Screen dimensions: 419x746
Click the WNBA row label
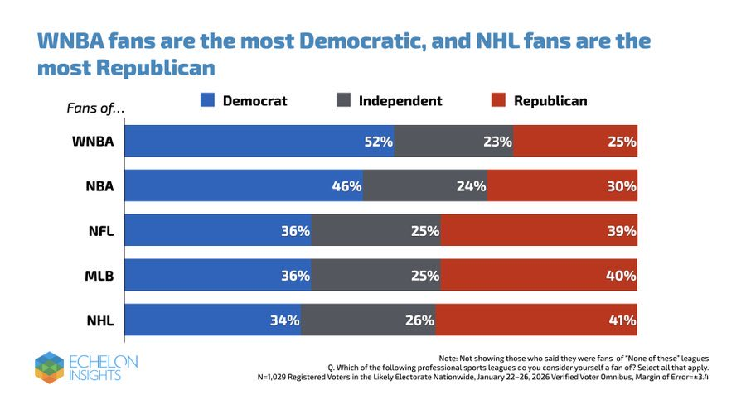coord(92,142)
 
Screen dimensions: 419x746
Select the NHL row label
coord(98,320)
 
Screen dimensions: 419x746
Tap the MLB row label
coord(98,276)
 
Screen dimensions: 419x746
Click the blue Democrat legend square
coord(207,101)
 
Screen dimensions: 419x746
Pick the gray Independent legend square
coord(343,101)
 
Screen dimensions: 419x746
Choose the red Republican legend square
coord(498,101)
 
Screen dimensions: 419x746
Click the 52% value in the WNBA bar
coord(378,142)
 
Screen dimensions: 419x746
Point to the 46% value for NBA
coord(346,186)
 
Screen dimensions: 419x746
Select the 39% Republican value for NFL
coord(621,231)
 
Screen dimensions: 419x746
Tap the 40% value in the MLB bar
coord(621,276)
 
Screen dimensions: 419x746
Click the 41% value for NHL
coord(621,320)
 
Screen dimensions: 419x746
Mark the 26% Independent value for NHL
coord(420,320)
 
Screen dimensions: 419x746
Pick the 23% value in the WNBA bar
coord(497,142)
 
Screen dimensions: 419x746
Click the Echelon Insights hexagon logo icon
coord(49,368)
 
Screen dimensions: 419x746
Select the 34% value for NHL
coord(284,320)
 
